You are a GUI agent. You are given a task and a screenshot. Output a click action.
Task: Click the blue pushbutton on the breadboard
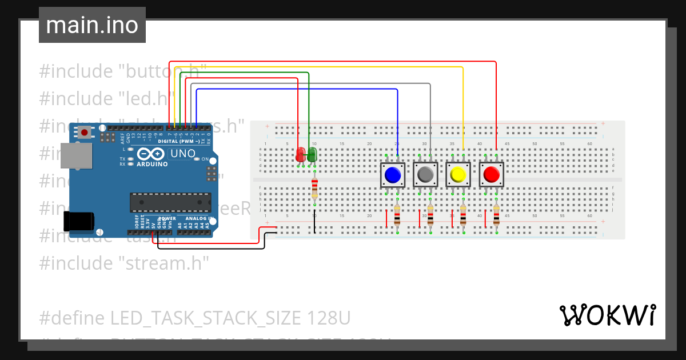click(x=393, y=175)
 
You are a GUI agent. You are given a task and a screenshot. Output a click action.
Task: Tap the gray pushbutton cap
click(x=425, y=175)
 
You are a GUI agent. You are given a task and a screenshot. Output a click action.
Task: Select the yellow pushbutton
click(x=458, y=175)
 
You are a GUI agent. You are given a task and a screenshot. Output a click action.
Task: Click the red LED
click(x=301, y=154)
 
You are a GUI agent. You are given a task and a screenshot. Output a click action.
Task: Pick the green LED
click(x=312, y=154)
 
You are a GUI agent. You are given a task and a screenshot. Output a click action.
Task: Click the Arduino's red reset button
click(x=85, y=133)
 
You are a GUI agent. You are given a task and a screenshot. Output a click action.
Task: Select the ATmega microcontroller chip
click(x=170, y=202)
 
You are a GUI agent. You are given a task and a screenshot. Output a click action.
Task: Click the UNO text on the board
click(x=183, y=154)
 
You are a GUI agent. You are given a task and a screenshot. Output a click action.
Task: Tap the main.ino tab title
click(x=92, y=25)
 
